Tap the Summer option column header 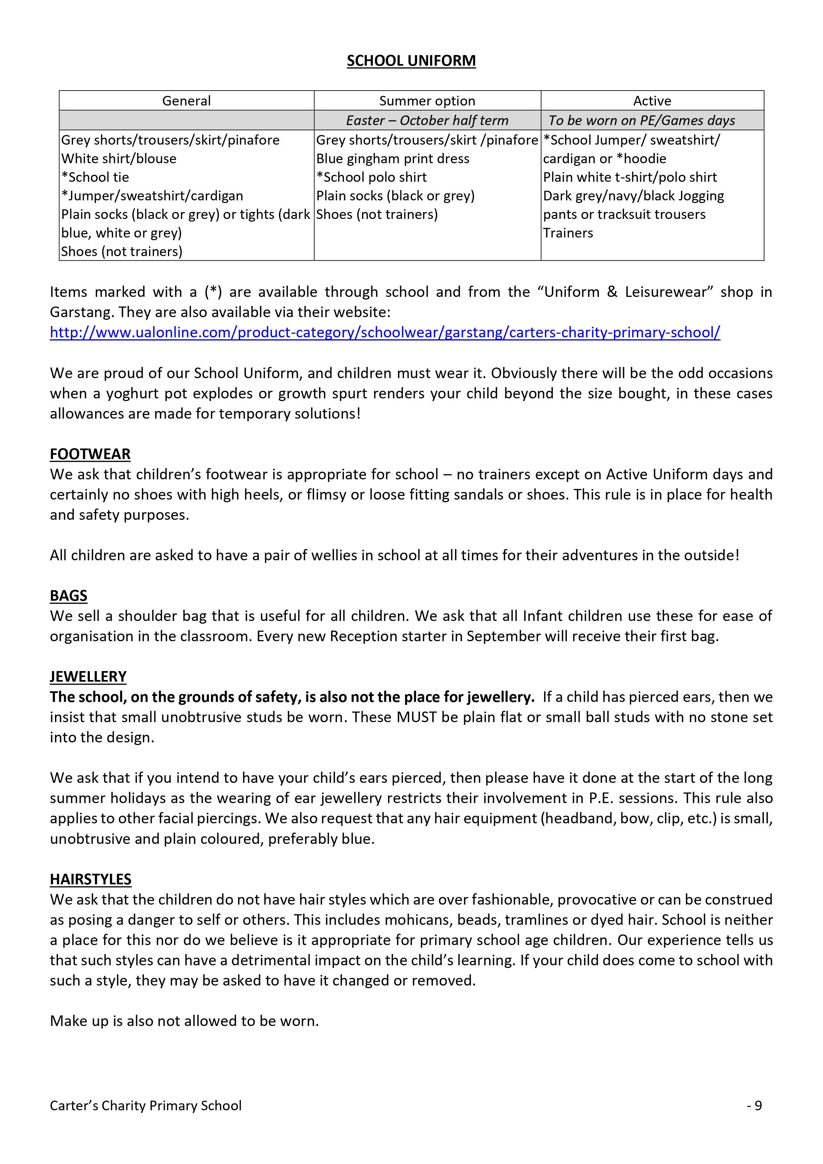(x=427, y=101)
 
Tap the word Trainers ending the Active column (x=568, y=233)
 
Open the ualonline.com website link (x=384, y=333)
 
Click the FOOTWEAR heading (x=90, y=454)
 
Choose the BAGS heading (x=68, y=596)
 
